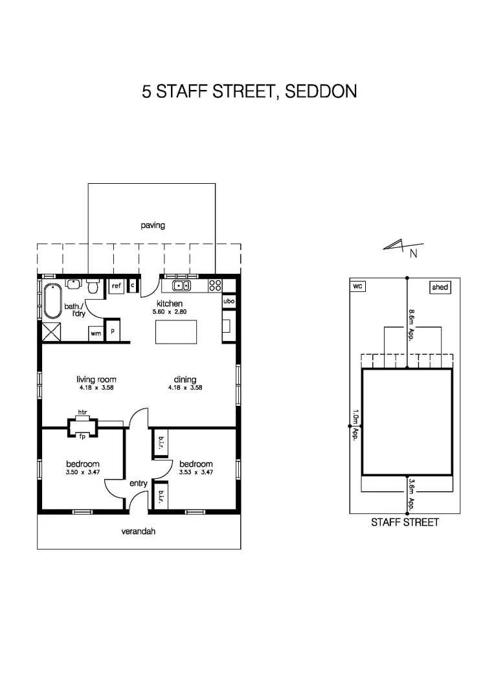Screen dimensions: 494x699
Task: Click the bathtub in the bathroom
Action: pyautogui.click(x=52, y=301)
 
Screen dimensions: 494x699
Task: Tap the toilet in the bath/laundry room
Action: pyautogui.click(x=93, y=286)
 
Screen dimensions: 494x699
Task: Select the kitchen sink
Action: pyautogui.click(x=181, y=286)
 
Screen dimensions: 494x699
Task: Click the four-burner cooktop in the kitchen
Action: pyautogui.click(x=215, y=286)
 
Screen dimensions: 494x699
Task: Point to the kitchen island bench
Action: pyautogui.click(x=176, y=332)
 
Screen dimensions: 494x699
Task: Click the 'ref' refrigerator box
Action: pyautogui.click(x=117, y=286)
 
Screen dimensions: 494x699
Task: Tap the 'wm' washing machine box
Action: pyautogui.click(x=96, y=333)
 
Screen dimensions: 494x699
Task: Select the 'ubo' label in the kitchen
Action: pyautogui.click(x=229, y=301)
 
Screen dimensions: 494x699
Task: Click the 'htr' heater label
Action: pyautogui.click(x=82, y=412)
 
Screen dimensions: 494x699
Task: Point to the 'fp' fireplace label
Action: pyautogui.click(x=82, y=436)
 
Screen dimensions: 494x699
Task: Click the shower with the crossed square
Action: pyautogui.click(x=51, y=332)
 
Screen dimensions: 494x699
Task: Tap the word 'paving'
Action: pyautogui.click(x=153, y=226)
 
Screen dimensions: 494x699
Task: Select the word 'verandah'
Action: pyautogui.click(x=138, y=531)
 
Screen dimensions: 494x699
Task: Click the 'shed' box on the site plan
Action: pyautogui.click(x=440, y=287)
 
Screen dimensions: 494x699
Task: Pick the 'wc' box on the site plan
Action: pyautogui.click(x=357, y=286)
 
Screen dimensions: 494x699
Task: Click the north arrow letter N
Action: pyautogui.click(x=414, y=254)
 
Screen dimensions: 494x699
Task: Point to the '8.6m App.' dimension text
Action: pyautogui.click(x=411, y=325)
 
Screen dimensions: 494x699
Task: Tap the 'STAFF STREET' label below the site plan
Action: pyautogui.click(x=405, y=522)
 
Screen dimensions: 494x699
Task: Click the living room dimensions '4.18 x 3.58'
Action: pyautogui.click(x=96, y=388)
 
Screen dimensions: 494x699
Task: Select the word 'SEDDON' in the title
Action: pyautogui.click(x=321, y=91)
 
